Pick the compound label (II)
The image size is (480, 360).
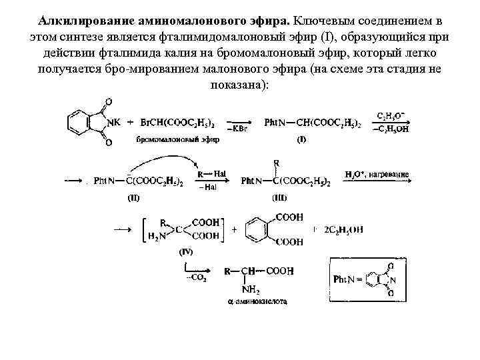pos(134,198)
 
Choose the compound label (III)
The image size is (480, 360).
pos(279,198)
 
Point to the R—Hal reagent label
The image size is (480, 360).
pos(211,174)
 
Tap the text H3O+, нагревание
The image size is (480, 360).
pos(377,175)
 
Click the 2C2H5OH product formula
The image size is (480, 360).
pos(344,230)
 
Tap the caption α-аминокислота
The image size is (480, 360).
pos(257,302)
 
